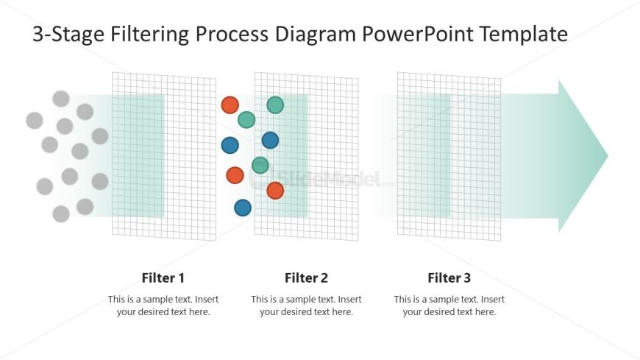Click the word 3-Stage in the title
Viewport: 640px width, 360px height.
coord(68,35)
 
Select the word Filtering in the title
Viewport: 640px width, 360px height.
coord(150,35)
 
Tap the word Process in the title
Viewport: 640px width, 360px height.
coord(232,35)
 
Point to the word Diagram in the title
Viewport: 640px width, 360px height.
coord(316,35)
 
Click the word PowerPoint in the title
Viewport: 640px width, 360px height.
coord(418,35)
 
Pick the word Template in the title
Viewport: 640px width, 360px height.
coord(524,35)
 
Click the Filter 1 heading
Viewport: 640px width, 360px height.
coord(163,278)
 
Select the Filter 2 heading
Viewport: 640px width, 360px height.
coord(306,278)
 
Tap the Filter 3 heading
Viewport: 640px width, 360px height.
coord(449,278)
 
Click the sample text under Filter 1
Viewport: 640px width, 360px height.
coord(163,306)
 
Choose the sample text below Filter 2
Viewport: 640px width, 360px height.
coord(306,306)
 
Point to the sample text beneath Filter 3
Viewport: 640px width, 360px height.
coord(449,306)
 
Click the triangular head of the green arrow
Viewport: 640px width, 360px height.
coord(582,156)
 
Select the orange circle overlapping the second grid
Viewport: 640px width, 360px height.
coord(276,191)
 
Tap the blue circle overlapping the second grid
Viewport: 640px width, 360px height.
coord(270,141)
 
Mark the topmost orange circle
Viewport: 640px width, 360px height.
coord(230,105)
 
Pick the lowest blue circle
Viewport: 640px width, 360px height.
coord(243,208)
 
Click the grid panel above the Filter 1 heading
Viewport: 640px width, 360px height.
coord(164,157)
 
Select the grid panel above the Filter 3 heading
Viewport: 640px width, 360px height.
coord(449,157)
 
